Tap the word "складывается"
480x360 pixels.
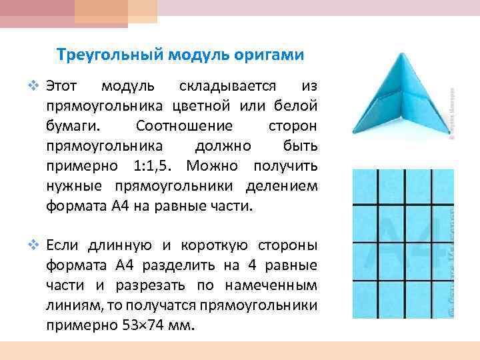(x=227, y=86)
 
